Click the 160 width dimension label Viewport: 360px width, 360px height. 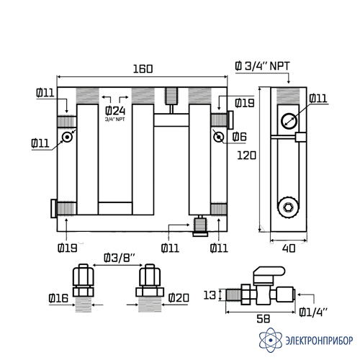pyautogui.click(x=143, y=69)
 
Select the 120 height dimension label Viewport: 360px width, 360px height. pyautogui.click(x=246, y=156)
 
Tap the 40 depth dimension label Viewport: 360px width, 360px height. pyautogui.click(x=289, y=248)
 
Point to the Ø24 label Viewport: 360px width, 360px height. pyautogui.click(x=115, y=111)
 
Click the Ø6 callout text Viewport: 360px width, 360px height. pyautogui.click(x=240, y=137)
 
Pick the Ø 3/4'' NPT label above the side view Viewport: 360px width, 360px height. pyautogui.click(x=263, y=66)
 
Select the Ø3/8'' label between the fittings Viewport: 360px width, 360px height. pyautogui.click(x=120, y=258)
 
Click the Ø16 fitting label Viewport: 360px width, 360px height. pyautogui.click(x=58, y=298)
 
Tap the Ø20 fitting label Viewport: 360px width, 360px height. pyautogui.click(x=179, y=298)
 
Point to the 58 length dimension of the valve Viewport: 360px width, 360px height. pyautogui.click(x=264, y=319)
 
